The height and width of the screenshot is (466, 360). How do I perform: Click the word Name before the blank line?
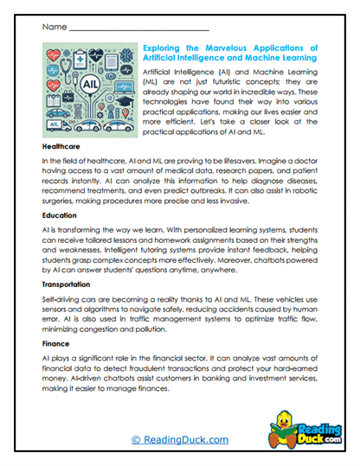pyautogui.click(x=53, y=27)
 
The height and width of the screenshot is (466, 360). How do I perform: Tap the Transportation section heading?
pyautogui.click(x=72, y=283)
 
